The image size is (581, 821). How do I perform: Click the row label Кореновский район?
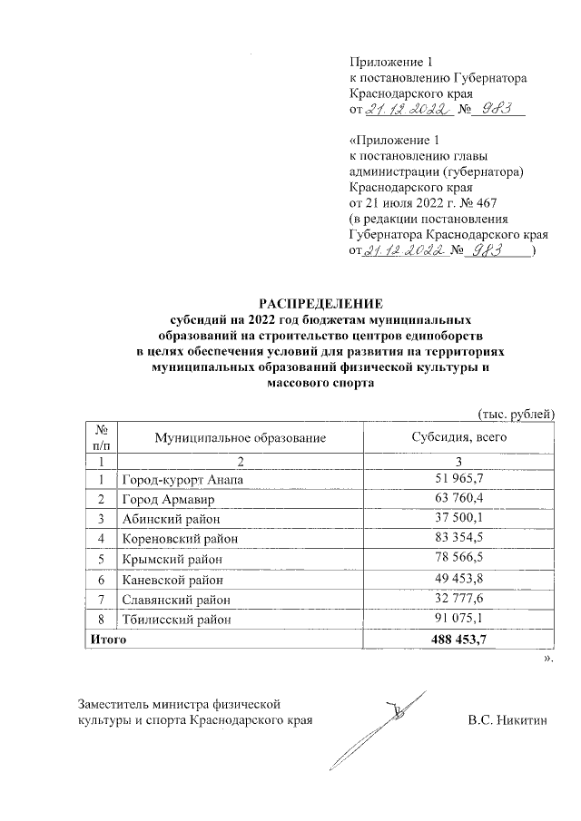173,539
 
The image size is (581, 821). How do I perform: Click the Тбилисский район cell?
172,619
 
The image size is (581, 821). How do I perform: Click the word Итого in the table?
106,640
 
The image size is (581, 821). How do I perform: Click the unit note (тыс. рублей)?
515,414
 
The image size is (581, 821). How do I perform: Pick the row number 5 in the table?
100,559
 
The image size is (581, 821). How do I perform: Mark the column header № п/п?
100,437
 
